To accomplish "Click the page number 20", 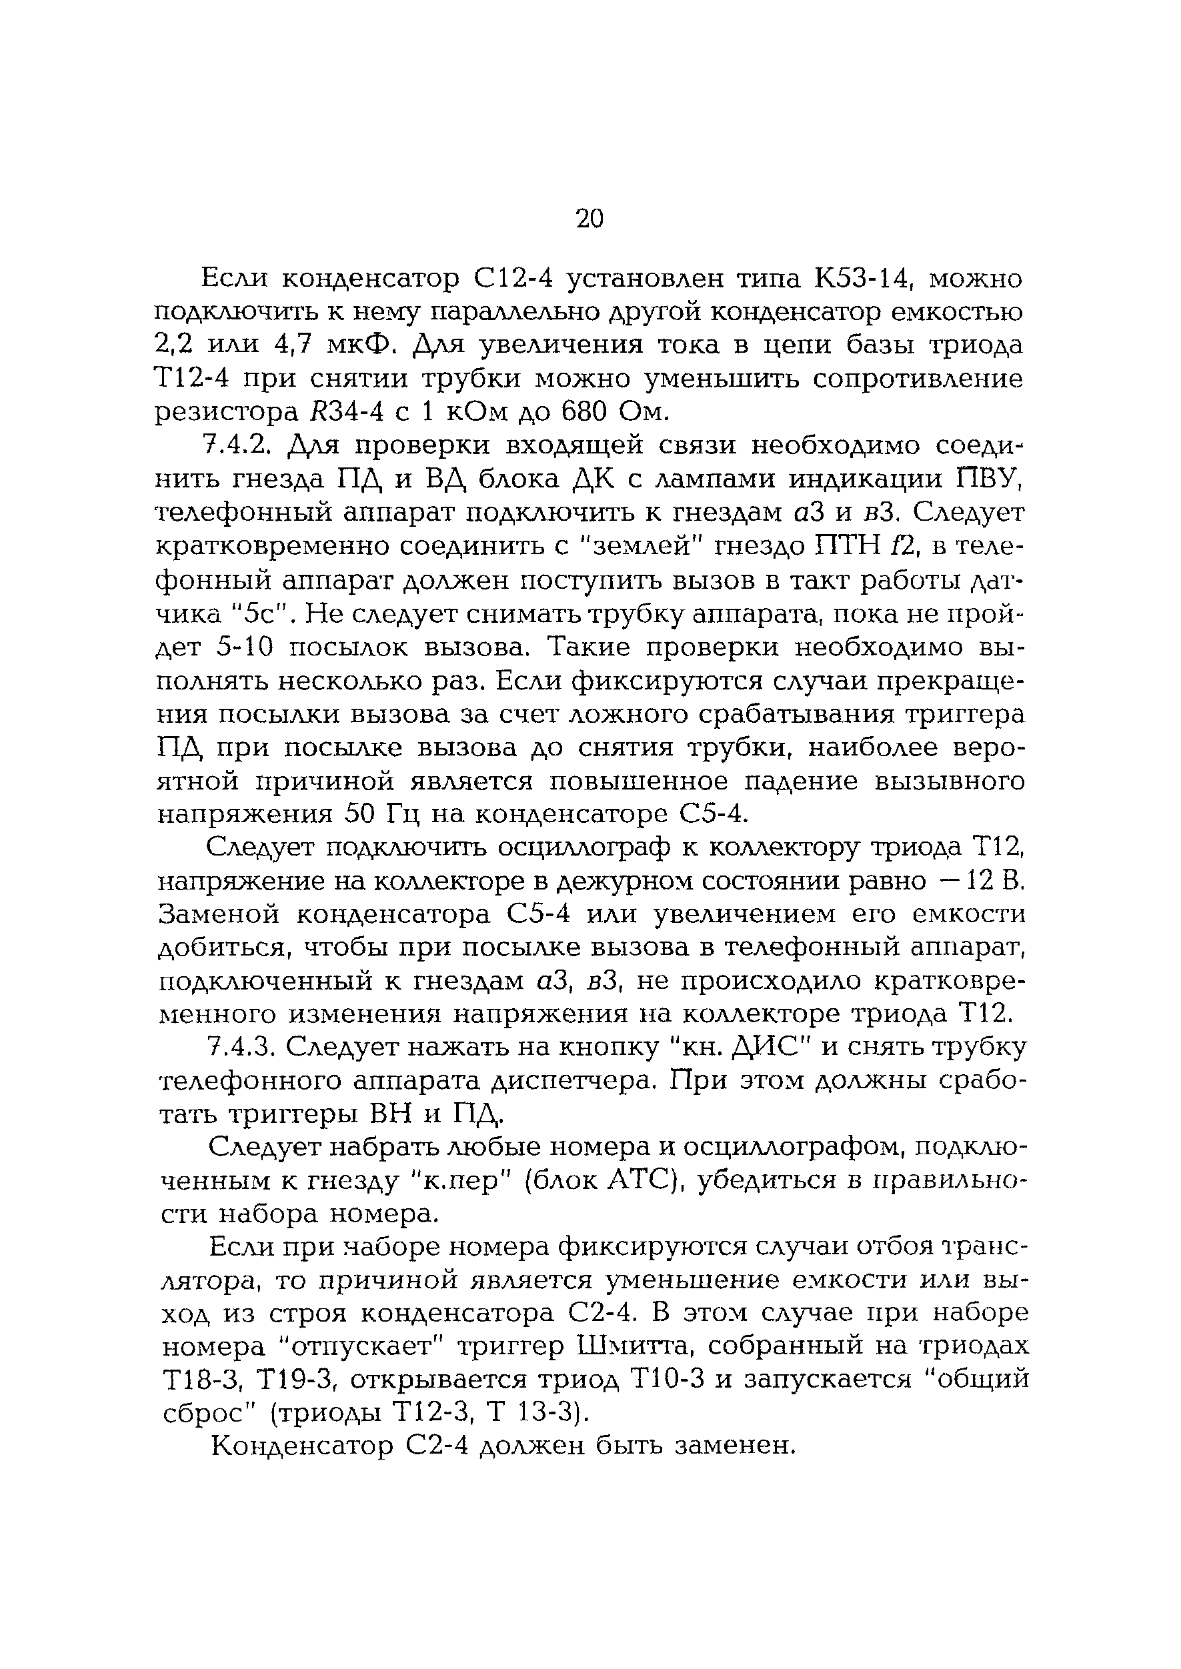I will coord(589,218).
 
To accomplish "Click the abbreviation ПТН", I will coord(834,547).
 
